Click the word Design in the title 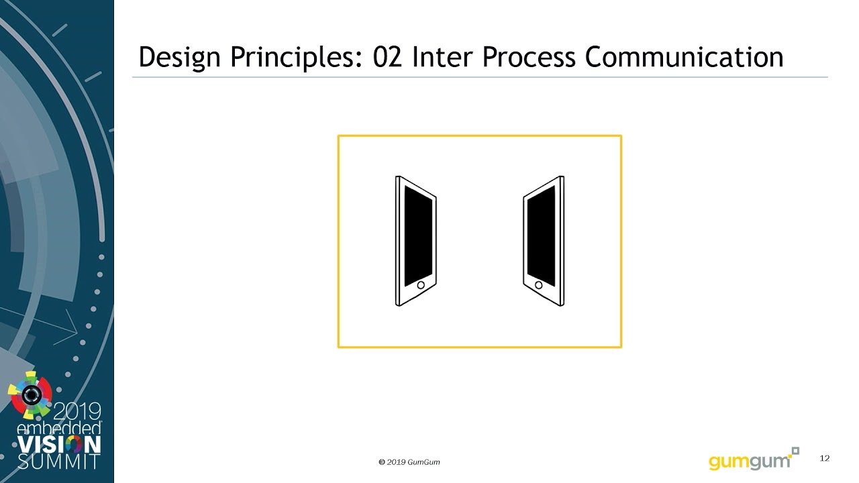coord(179,58)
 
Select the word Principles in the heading coord(296,58)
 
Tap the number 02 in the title coord(388,57)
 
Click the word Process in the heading coord(529,57)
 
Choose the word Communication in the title coord(684,57)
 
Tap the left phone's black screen coord(418,235)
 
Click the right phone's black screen coord(541,235)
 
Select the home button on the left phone coord(421,285)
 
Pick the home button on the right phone coord(538,285)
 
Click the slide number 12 coord(825,458)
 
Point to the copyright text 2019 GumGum coord(409,462)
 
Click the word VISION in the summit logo coord(59,445)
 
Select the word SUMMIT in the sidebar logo coord(58,462)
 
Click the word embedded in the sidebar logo coord(59,428)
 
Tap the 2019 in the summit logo coord(77,411)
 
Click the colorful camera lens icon coord(30,395)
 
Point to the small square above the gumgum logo coord(796,451)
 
